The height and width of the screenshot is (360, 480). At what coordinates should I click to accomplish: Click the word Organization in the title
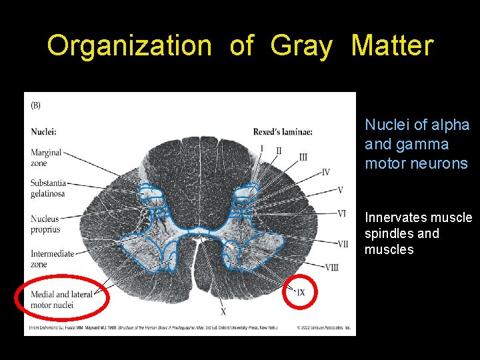coord(129,46)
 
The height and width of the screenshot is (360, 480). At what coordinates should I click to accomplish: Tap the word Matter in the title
coord(392,46)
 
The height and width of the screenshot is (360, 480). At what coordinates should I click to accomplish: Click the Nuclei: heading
coord(43,131)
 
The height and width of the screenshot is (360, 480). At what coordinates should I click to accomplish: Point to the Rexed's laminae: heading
coord(283,132)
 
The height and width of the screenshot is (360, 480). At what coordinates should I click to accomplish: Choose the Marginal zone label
coord(46,157)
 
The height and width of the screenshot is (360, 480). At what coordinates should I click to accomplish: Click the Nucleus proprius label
coord(45,224)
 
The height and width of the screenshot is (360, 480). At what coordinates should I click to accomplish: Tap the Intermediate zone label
coord(52,259)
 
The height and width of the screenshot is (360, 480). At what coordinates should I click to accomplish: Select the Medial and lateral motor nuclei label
coord(61,299)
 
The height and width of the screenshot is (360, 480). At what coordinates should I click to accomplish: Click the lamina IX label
coord(301,293)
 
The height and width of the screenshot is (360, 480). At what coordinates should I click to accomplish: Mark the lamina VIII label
coord(331,267)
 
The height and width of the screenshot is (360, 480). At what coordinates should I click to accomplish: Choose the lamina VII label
coord(342,244)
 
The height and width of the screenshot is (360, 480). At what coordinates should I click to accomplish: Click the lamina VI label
coord(341,213)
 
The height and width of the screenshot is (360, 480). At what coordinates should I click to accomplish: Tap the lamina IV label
coord(325,172)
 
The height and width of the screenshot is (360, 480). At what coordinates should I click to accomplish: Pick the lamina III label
coord(303,157)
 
